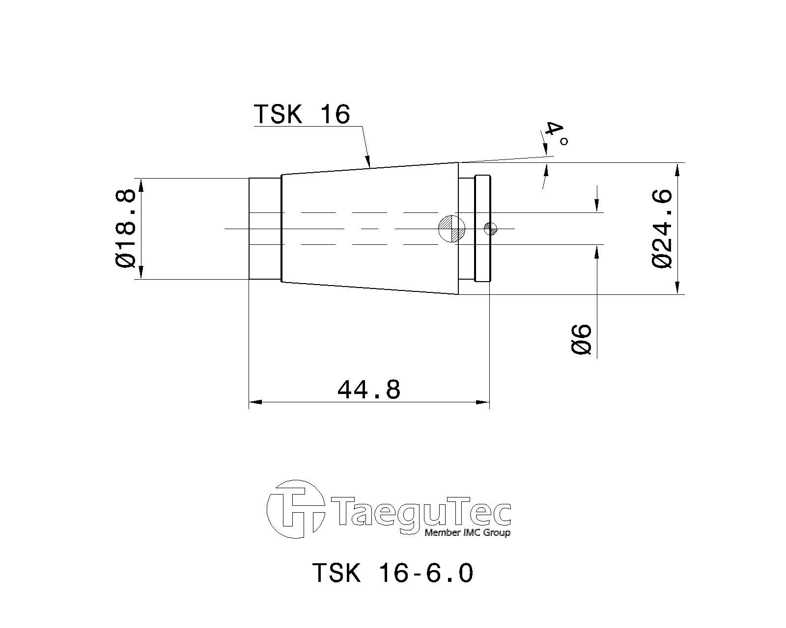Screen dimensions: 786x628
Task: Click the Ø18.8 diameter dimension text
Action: click(x=125, y=229)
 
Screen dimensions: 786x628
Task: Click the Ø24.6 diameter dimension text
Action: click(x=662, y=229)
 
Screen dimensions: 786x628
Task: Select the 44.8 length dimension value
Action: click(x=369, y=390)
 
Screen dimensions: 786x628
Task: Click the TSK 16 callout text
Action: click(x=302, y=114)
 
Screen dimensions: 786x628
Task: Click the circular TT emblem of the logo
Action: click(x=296, y=509)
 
